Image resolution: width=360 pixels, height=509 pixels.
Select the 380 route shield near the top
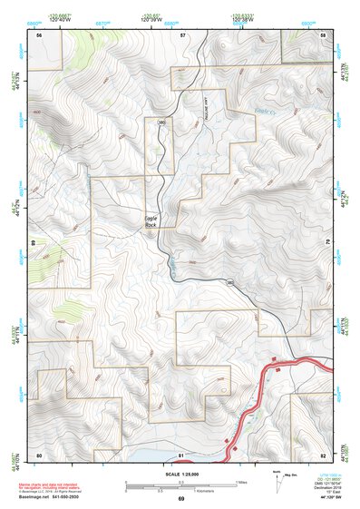[x=161, y=122]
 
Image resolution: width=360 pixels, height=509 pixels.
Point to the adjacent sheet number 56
[x=39, y=34]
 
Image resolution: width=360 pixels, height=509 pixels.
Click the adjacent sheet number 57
[x=182, y=34]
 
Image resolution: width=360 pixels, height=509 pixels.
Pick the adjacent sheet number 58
[x=323, y=34]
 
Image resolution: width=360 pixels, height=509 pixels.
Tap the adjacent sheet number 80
[x=39, y=454]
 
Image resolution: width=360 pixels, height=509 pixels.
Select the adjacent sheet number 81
[x=181, y=454]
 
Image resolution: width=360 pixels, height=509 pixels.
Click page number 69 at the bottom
[x=180, y=499]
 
